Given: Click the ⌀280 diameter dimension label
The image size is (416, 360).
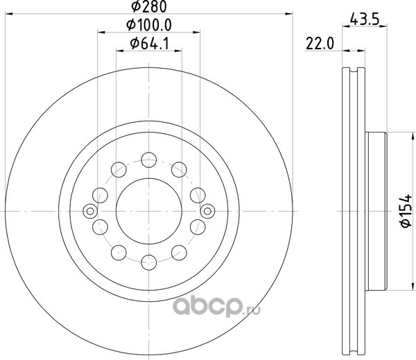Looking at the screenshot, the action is (149, 6).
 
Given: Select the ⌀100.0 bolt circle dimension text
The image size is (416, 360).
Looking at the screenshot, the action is (149, 25).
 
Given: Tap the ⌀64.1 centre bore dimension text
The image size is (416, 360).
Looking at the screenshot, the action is (149, 44).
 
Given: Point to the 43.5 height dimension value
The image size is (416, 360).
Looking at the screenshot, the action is (364, 19).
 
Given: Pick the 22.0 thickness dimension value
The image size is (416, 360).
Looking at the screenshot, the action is (320, 44).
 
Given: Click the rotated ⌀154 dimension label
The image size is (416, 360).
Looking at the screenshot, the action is (406, 211).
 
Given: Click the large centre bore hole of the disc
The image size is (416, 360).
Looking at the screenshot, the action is (149, 211).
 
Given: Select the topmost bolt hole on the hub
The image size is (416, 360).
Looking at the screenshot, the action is (149, 160).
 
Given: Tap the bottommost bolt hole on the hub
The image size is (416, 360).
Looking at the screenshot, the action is (149, 262).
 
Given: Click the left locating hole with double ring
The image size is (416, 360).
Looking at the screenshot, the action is (90, 212).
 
